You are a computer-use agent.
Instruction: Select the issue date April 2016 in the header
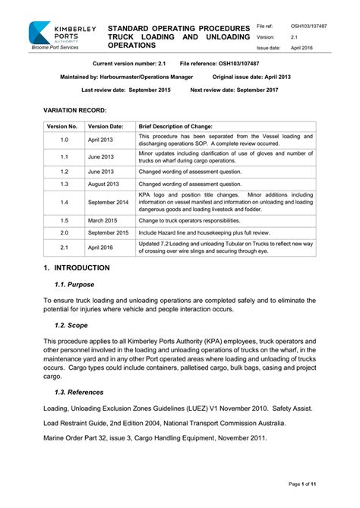click(302, 47)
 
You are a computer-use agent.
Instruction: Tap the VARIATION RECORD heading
click(74, 110)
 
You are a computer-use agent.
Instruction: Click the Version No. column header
click(62, 126)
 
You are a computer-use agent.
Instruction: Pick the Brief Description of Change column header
click(175, 126)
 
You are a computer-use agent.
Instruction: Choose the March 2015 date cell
click(103, 220)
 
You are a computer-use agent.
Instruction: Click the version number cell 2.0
click(64, 232)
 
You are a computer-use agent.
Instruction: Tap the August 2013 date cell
click(104, 184)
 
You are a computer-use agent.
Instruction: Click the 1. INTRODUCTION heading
click(77, 268)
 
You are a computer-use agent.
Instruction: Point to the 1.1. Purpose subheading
click(74, 285)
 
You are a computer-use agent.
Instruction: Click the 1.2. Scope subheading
click(71, 325)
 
